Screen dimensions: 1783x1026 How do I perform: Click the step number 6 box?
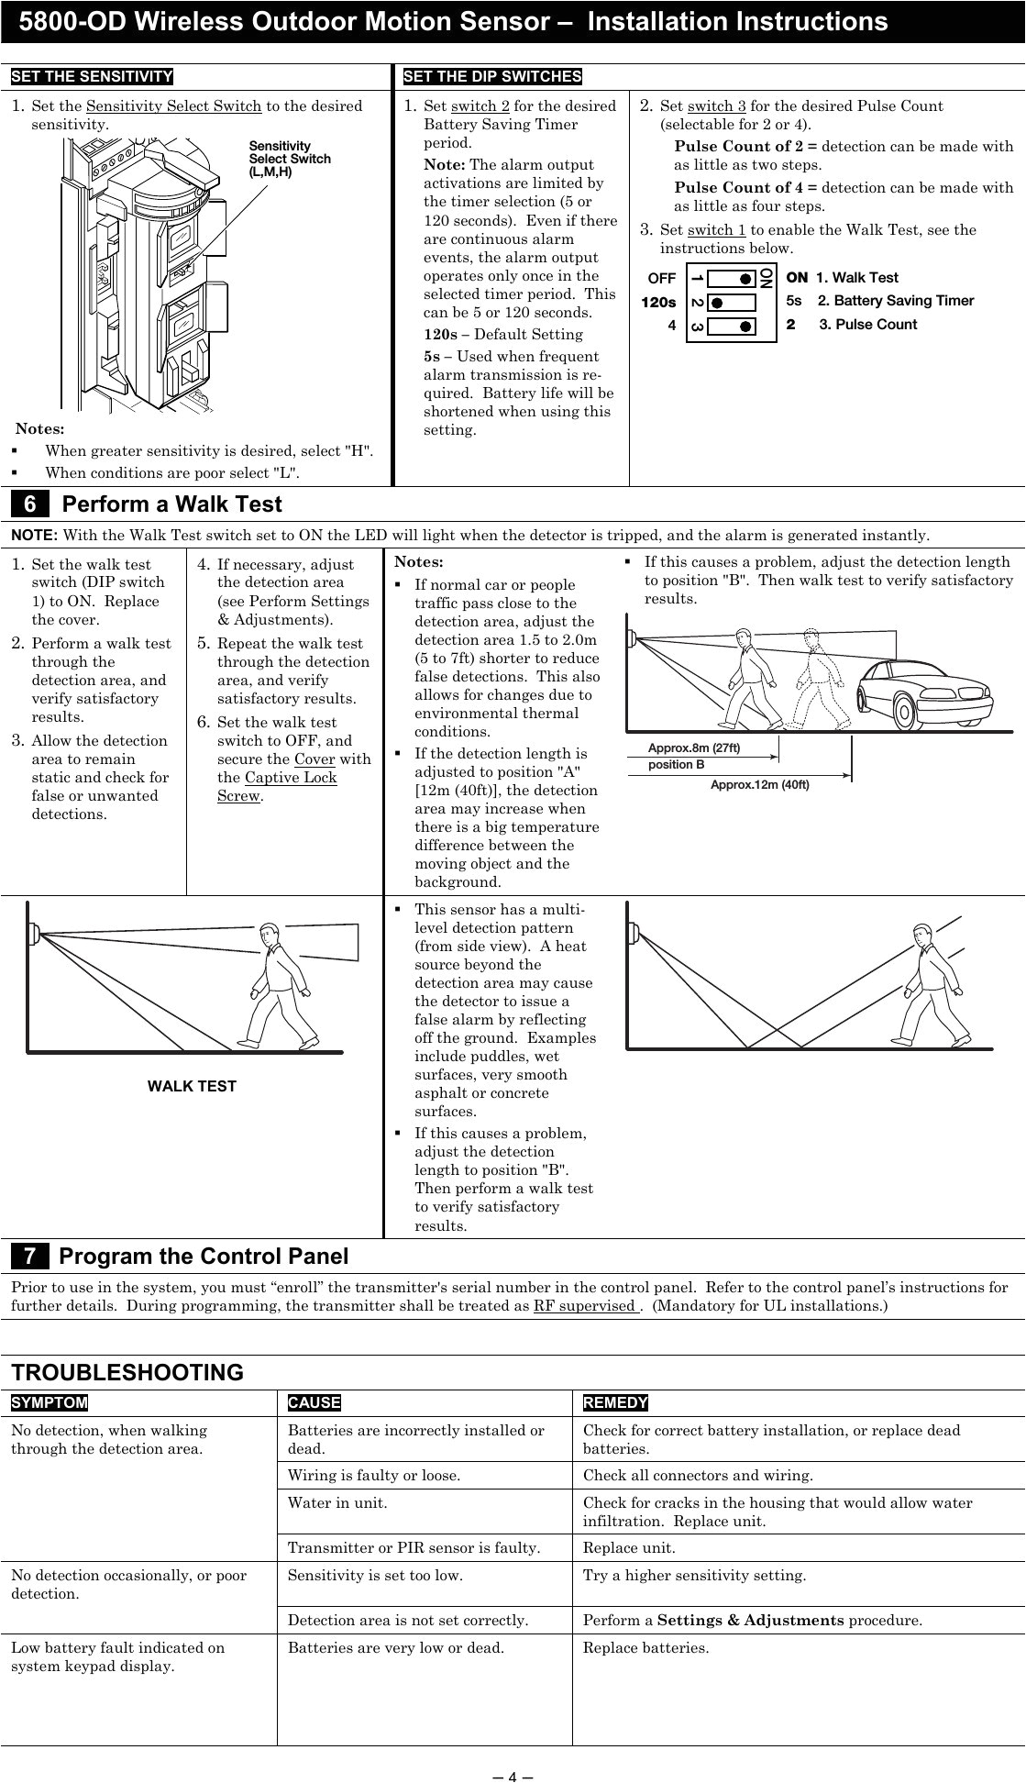coord(30,504)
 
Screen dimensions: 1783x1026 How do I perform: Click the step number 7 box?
coord(30,1256)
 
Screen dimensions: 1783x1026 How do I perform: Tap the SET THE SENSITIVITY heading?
coord(92,76)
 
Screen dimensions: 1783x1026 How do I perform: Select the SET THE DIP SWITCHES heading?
coord(492,76)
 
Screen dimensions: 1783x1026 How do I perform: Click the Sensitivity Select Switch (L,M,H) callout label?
coord(290,159)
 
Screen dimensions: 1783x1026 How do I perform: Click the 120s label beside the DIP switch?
coord(658,302)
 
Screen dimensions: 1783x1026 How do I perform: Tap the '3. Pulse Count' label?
coord(867,325)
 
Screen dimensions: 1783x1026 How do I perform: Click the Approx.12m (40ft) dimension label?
coord(760,784)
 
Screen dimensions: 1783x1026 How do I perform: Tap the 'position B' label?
coord(677,765)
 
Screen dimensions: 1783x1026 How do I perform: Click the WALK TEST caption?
coord(192,1086)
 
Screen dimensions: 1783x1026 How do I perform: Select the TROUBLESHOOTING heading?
coord(127,1372)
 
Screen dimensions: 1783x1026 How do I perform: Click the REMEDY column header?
coord(615,1402)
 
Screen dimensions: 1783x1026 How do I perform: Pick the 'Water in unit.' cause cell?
coord(337,1502)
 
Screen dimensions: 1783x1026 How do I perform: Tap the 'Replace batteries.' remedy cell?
coord(645,1647)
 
